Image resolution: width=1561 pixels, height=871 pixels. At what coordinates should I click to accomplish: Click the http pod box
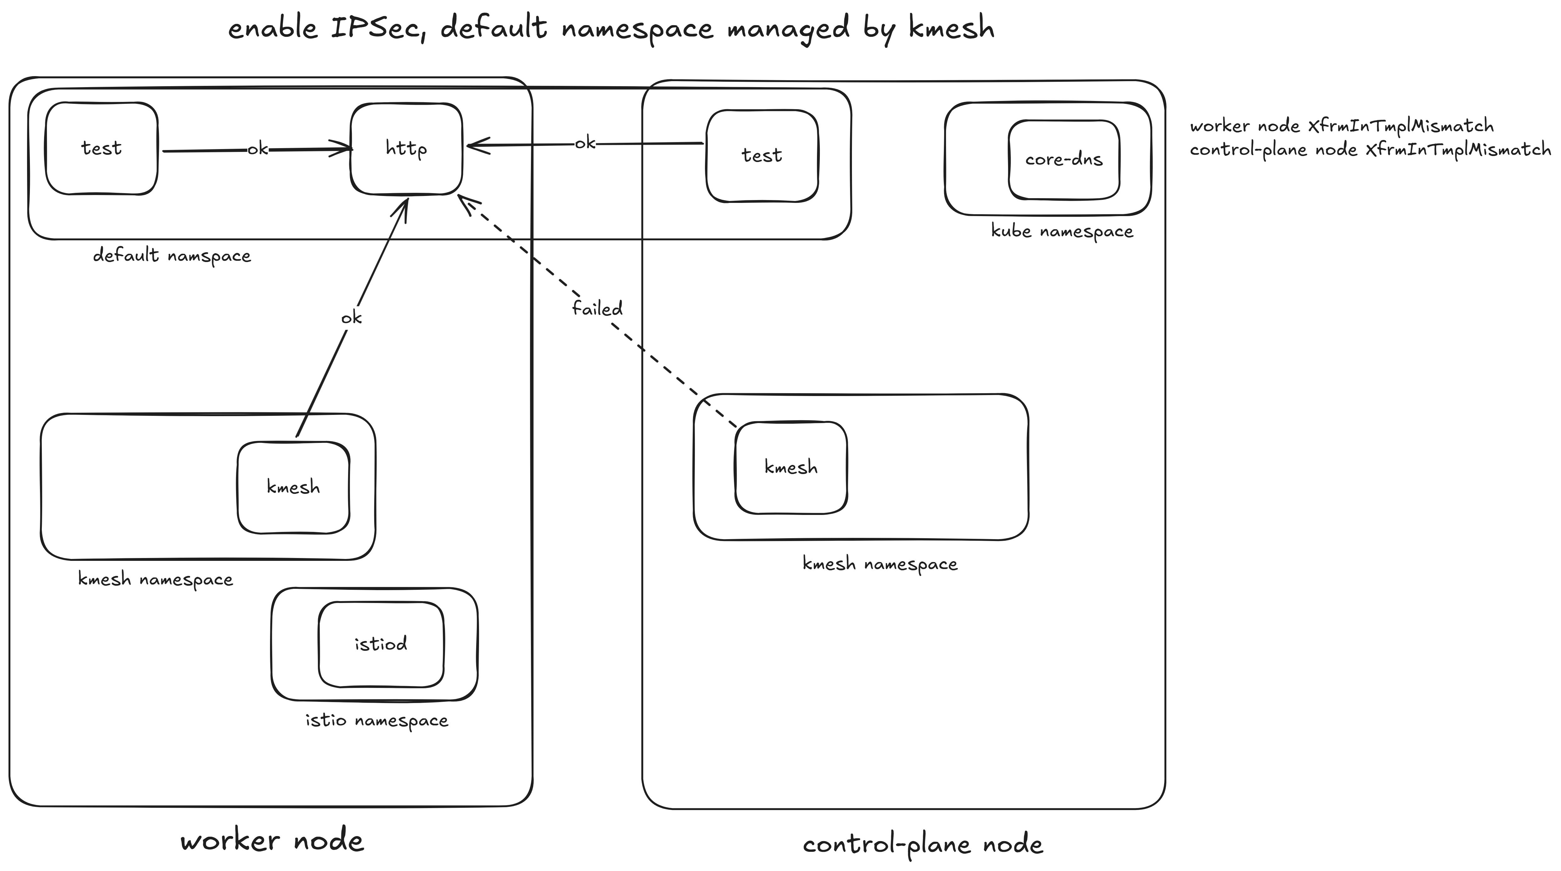(406, 148)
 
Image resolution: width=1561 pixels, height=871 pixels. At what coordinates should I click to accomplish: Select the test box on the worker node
(101, 148)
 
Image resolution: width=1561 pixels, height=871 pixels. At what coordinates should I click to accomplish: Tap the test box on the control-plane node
(762, 156)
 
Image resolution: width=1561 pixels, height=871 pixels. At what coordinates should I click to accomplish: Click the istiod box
(380, 644)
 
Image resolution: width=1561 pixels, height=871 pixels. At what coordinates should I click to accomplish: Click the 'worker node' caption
(272, 841)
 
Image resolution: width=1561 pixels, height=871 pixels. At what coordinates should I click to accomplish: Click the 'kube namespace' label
(1062, 232)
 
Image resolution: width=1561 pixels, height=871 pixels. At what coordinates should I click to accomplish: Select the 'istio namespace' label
(376, 721)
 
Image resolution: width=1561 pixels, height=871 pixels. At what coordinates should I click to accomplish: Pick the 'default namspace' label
(172, 256)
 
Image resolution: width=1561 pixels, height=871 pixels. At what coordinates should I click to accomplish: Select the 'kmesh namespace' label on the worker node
(155, 580)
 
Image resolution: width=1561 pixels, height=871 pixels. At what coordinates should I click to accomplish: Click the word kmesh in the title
(951, 29)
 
